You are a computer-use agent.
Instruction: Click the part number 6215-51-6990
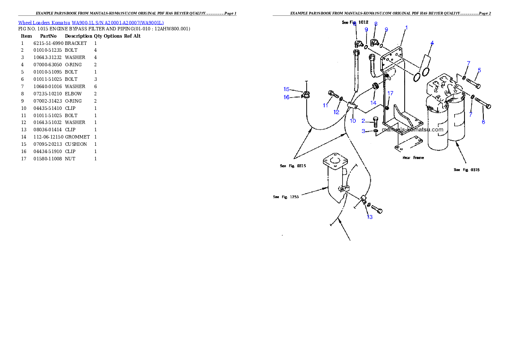[48, 43]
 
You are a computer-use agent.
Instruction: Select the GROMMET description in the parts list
[77, 137]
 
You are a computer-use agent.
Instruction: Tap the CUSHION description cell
[76, 144]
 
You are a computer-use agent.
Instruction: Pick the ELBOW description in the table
[74, 94]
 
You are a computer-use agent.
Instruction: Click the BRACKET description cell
[76, 43]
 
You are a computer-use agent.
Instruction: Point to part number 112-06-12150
[48, 137]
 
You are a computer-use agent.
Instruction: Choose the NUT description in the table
[70, 159]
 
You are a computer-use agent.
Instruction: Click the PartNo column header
[48, 36]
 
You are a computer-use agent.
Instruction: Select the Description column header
[79, 36]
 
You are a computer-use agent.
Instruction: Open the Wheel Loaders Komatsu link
[44, 23]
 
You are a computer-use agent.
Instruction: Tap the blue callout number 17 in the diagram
[390, 93]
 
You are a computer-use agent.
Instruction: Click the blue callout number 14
[373, 103]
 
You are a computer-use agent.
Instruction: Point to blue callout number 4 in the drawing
[432, 43]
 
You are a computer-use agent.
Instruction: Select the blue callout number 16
[286, 97]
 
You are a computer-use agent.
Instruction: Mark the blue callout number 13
[370, 217]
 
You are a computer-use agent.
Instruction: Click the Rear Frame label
[413, 158]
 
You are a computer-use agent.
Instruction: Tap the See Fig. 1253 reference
[286, 197]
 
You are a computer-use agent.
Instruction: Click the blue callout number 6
[483, 122]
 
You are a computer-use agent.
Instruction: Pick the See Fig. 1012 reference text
[355, 22]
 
